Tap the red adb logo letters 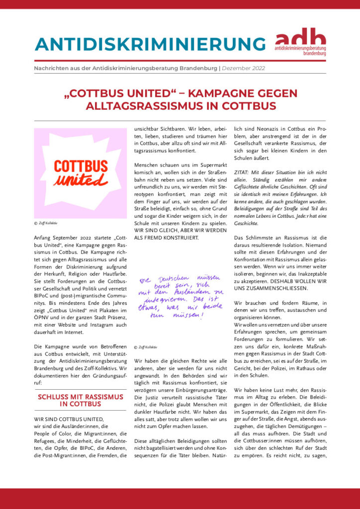[x=301, y=38]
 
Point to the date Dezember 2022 [x=243, y=68]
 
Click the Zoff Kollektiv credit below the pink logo [x=46, y=224]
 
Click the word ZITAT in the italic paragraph [x=242, y=171]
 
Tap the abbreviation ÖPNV [x=42, y=317]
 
